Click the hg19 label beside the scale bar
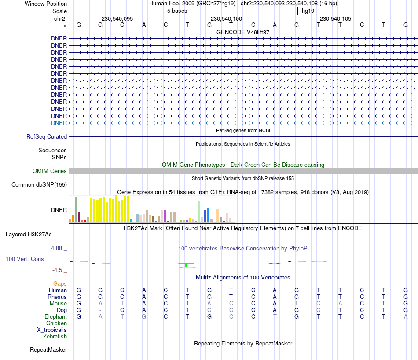pos(307,11)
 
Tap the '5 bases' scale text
pos(177,11)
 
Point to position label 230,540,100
pos(227,18)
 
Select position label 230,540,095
pos(117,18)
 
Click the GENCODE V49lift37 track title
pos(243,32)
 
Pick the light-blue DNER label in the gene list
pos(59,123)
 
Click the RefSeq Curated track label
pos(47,137)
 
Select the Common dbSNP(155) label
pos(39,185)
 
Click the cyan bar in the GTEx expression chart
pos(132,220)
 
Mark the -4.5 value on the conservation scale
pos(59,270)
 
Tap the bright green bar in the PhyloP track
pos(187,264)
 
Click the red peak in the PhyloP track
pos(275,263)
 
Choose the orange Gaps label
pos(60,284)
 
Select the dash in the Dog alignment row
pos(100,310)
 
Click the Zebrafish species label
pos(55,337)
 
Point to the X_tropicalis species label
pos(52,330)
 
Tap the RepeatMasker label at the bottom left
pos(48,350)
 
